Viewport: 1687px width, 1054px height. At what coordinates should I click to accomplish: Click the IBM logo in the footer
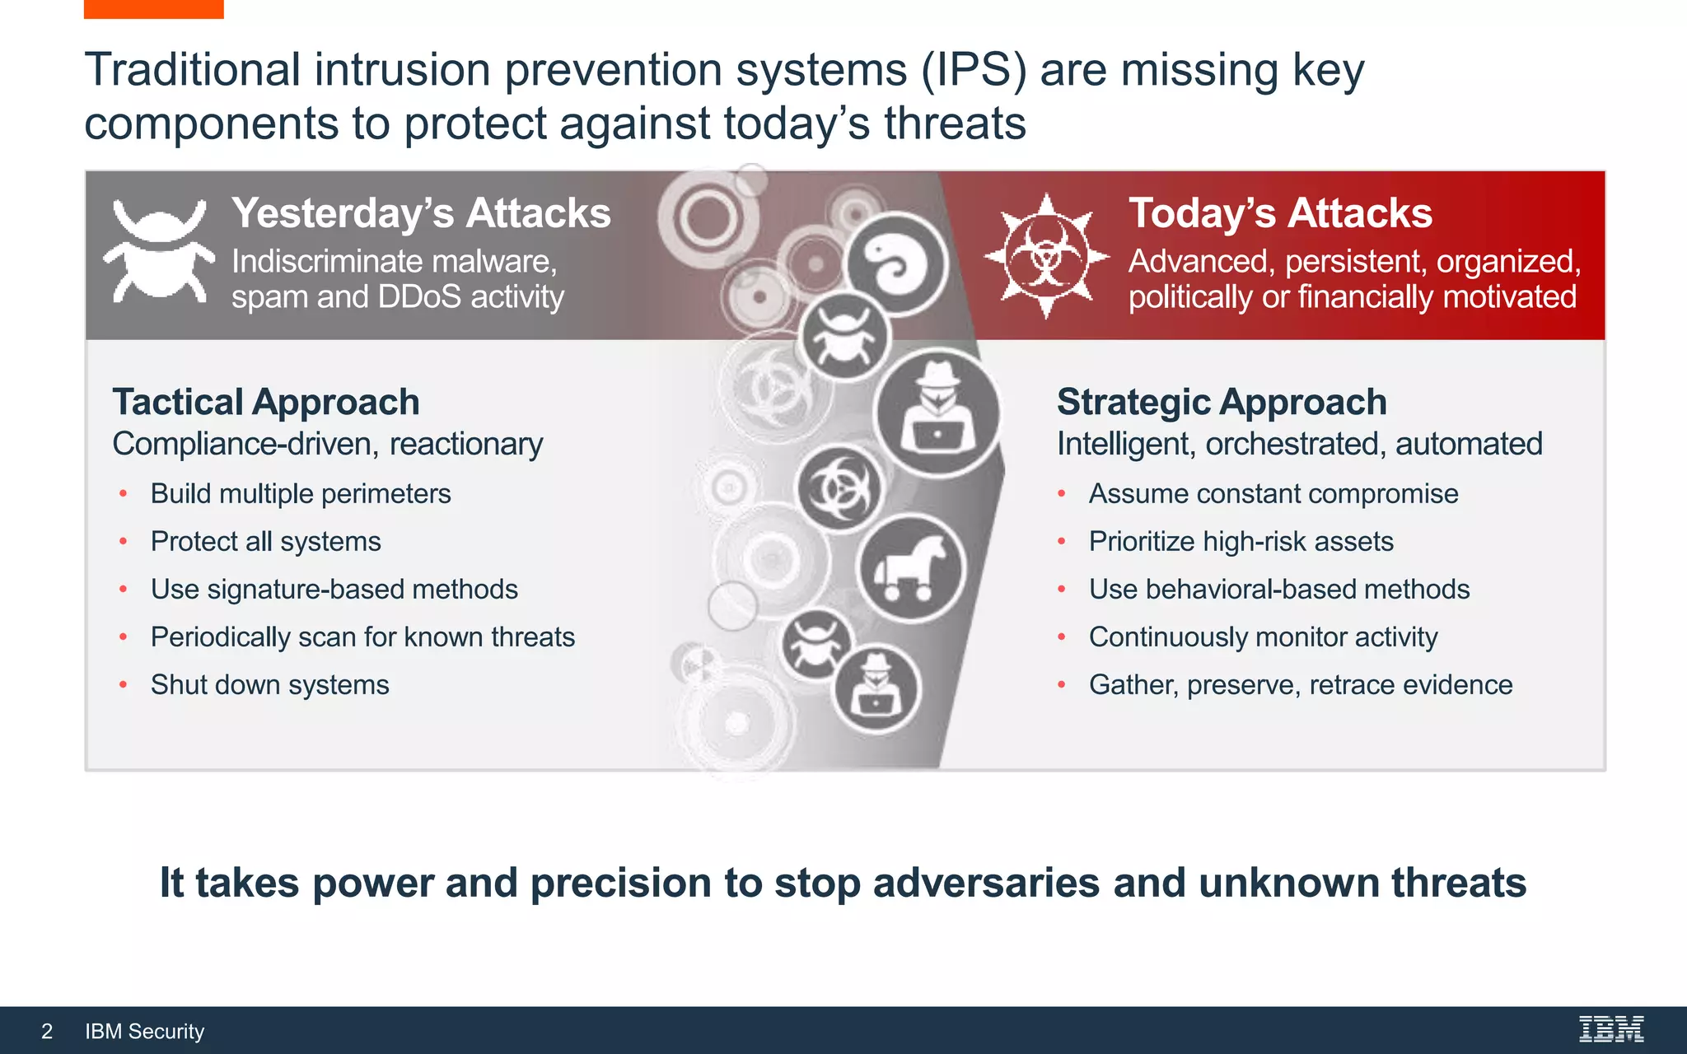(x=1611, y=1029)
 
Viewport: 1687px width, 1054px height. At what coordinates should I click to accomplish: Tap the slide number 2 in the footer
(x=47, y=1031)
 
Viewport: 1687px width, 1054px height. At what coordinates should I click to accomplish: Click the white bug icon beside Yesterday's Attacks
(x=158, y=251)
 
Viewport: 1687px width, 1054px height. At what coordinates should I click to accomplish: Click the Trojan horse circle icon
(x=910, y=569)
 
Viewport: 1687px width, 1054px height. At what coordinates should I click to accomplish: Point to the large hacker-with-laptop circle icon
(x=938, y=412)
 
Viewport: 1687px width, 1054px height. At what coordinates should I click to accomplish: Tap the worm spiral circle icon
(x=897, y=264)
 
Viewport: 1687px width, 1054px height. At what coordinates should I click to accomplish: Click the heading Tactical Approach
(x=266, y=402)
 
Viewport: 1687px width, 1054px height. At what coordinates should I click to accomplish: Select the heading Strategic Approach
(x=1222, y=402)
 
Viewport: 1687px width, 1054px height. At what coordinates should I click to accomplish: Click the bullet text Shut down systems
(x=269, y=684)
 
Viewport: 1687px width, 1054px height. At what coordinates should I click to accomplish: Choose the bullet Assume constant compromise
(x=1273, y=493)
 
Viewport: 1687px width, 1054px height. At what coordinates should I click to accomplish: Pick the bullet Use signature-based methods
(x=334, y=589)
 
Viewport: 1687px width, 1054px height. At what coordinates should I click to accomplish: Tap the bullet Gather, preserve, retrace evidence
(x=1300, y=684)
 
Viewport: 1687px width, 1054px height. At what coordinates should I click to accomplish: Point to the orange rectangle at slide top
(x=153, y=8)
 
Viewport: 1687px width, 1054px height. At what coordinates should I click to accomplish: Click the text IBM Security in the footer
(x=144, y=1031)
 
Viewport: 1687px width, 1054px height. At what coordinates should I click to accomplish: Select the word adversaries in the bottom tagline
(x=986, y=883)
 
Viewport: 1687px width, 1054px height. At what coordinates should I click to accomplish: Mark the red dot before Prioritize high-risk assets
(x=1062, y=542)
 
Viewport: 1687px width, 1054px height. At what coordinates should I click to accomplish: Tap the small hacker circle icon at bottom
(x=876, y=690)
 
